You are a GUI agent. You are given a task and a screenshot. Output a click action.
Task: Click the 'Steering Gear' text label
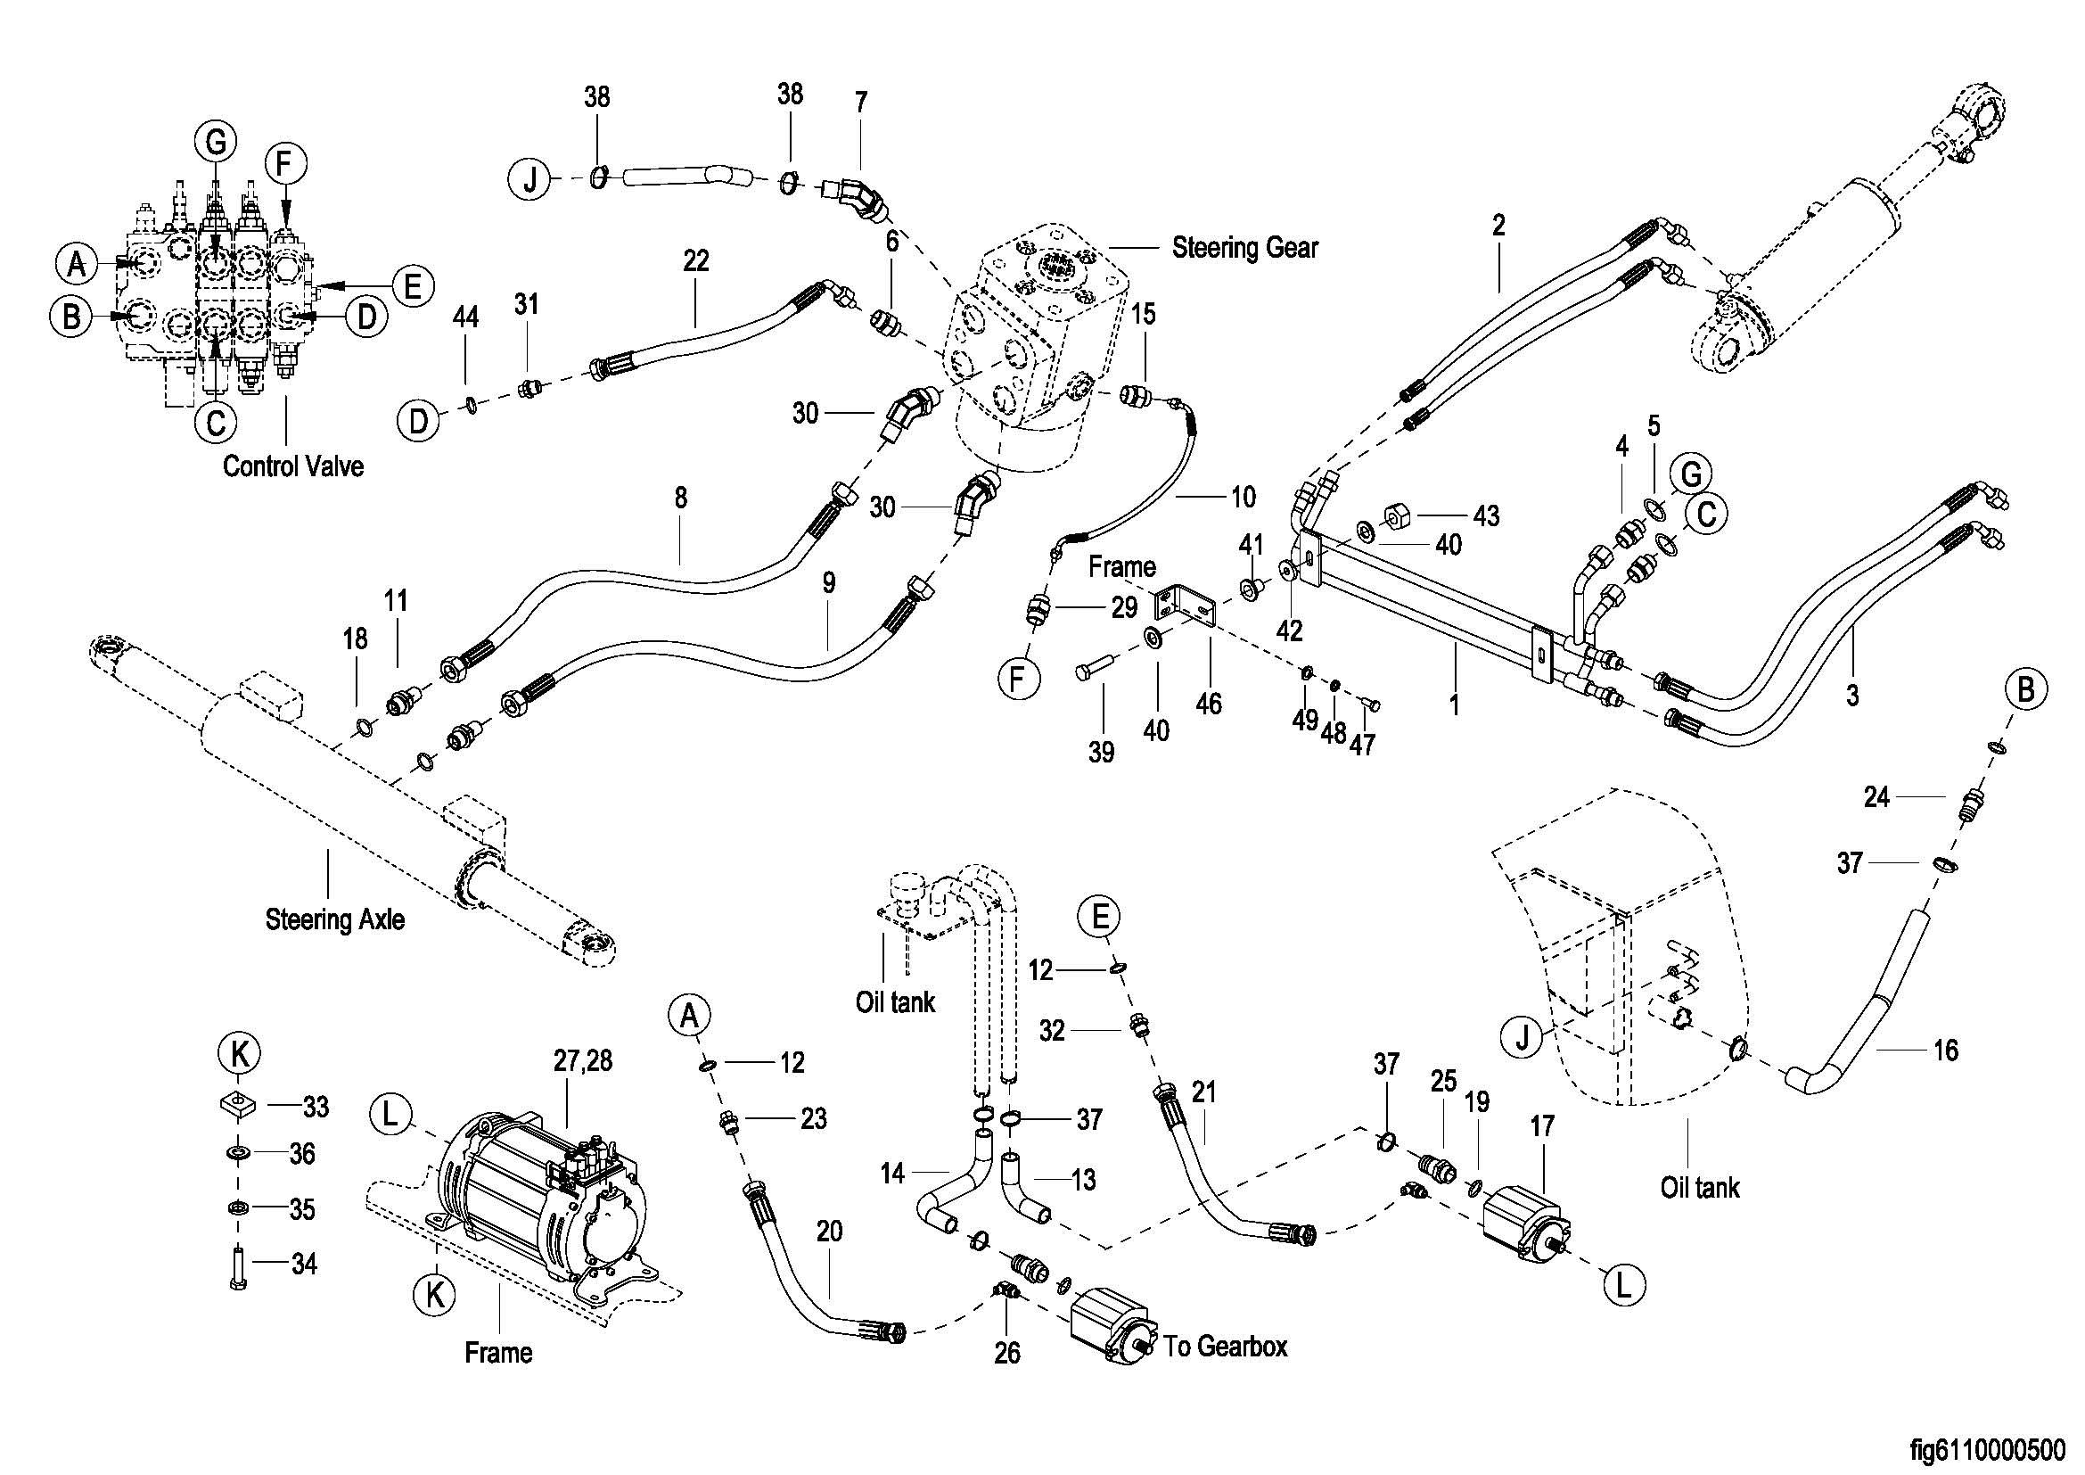click(x=1244, y=248)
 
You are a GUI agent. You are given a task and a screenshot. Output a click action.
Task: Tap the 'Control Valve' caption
click(x=292, y=466)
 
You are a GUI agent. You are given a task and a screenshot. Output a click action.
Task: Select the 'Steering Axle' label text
click(x=334, y=919)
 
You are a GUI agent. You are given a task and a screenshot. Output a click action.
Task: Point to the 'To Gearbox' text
click(x=1225, y=1346)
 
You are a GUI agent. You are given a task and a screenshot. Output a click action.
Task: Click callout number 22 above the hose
click(x=695, y=261)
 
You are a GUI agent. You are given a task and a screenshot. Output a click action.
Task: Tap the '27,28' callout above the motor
click(x=583, y=1060)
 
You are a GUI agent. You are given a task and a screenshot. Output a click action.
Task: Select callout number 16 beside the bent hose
click(x=1945, y=1051)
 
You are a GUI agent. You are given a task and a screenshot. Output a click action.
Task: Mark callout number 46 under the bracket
click(x=1208, y=703)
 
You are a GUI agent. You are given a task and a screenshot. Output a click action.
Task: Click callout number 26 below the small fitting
click(x=1007, y=1354)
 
